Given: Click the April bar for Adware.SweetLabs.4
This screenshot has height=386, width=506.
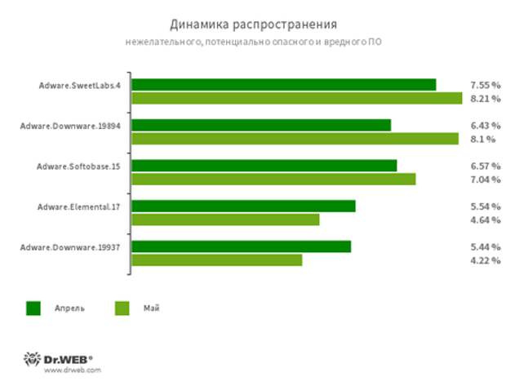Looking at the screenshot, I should (283, 84).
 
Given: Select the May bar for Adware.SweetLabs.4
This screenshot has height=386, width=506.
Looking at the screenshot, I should (296, 99).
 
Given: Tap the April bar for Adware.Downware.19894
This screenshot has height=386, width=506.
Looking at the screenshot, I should (260, 125).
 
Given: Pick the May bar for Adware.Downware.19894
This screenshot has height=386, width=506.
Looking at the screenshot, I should (295, 139).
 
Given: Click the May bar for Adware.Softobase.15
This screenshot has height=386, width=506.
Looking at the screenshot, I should (273, 179).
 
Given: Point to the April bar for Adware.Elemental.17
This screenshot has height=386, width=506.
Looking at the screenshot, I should (243, 206).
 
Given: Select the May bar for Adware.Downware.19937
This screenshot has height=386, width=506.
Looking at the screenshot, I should (216, 260).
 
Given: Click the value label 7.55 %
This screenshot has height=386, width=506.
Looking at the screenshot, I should (485, 84).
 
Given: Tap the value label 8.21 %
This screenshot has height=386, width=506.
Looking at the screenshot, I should (485, 99).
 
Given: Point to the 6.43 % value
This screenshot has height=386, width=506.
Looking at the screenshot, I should (485, 125).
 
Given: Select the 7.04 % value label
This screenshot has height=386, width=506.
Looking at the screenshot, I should (485, 179).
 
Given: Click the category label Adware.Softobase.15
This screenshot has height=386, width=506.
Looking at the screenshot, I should (78, 166).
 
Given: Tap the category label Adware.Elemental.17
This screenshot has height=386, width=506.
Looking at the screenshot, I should (78, 206).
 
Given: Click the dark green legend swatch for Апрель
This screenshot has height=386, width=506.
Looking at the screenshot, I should (33, 308).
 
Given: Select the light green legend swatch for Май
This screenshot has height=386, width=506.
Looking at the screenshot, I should (122, 308).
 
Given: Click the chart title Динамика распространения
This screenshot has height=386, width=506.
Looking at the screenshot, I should (253, 23).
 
